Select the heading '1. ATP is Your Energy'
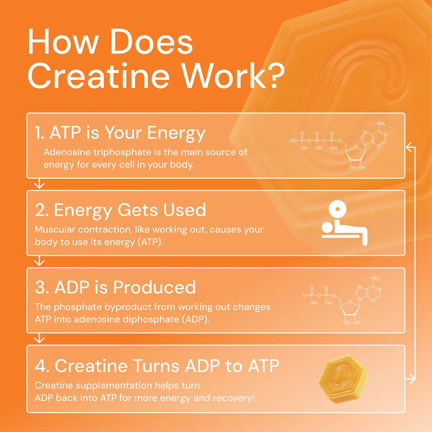(120, 133)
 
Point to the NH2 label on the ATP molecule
(381, 124)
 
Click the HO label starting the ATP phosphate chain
(293, 141)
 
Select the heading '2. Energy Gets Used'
(120, 210)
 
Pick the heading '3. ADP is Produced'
(115, 288)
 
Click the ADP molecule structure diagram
(342, 300)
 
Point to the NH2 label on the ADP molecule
(376, 279)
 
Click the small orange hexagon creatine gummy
(343, 379)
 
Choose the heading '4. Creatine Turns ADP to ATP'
(157, 366)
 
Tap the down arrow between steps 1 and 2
(39, 184)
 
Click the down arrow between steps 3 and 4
(39, 338)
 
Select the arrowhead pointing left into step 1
(408, 147)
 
